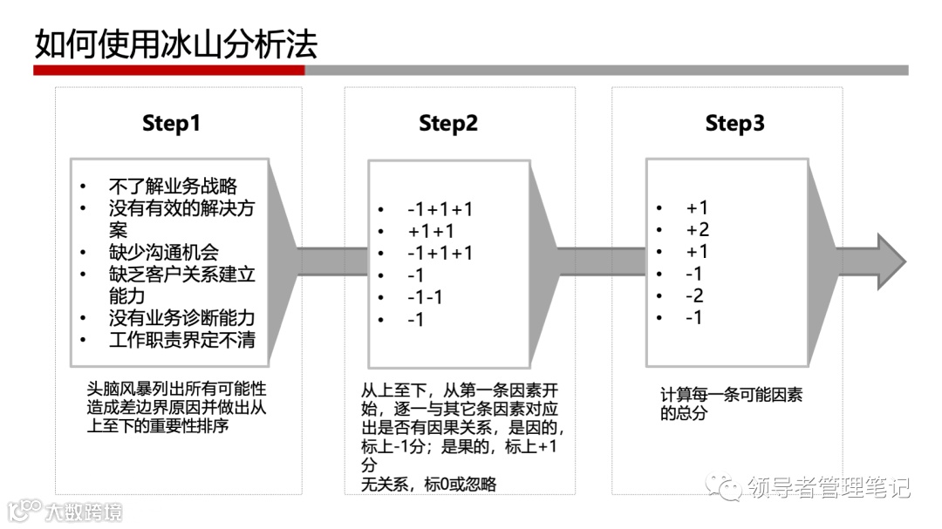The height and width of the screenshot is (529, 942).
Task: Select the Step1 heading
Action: pos(171,124)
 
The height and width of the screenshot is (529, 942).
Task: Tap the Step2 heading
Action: pos(448,124)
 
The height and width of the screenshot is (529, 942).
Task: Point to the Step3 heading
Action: pos(734,124)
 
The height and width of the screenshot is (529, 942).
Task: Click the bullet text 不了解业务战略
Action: pos(173,186)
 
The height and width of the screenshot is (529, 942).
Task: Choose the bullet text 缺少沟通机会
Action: pos(163,253)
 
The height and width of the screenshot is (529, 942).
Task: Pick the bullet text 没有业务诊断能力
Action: pos(181,318)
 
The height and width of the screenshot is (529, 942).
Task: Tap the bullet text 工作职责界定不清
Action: pos(181,340)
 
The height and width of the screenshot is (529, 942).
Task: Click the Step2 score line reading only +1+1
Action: pos(431,231)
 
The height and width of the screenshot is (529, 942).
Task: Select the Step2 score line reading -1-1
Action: pos(425,297)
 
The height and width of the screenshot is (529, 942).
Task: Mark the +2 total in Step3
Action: pos(697,230)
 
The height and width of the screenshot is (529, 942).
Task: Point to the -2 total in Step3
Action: pos(694,296)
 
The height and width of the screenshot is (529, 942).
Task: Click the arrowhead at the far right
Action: pos(890,261)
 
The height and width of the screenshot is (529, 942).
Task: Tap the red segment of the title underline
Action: pos(169,70)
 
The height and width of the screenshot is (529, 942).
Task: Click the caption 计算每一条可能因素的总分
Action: pos(731,404)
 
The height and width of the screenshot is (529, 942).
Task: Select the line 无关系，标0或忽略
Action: pos(429,485)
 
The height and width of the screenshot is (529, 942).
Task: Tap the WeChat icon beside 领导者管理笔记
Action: pos(725,486)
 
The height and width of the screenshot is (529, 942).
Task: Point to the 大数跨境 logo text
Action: pos(84,511)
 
